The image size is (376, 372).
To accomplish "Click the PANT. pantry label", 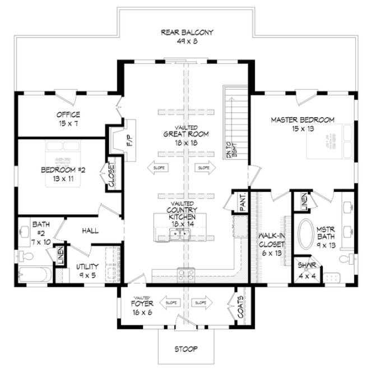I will (x=243, y=204).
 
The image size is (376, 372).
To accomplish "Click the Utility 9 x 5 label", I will (x=87, y=270).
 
